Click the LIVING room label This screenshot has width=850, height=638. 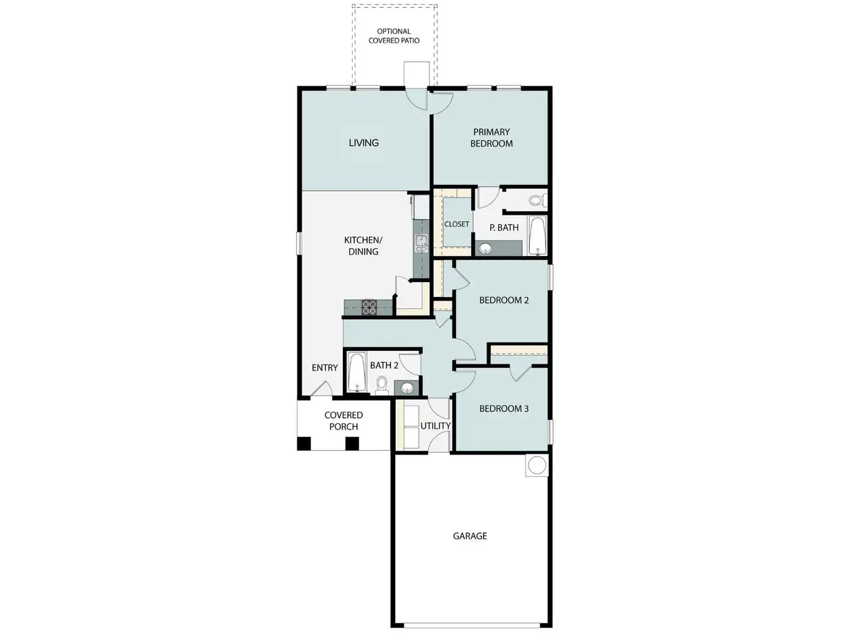tap(363, 142)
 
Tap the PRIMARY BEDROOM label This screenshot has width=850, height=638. tap(492, 138)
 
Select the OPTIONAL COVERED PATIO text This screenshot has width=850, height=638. tap(397, 36)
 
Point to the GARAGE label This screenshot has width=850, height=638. tap(470, 536)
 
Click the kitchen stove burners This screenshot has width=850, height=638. tap(370, 307)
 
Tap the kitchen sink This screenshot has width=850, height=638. tap(421, 245)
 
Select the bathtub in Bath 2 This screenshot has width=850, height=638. tap(356, 372)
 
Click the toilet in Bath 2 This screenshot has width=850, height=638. tap(382, 385)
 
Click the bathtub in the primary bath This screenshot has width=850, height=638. tap(538, 235)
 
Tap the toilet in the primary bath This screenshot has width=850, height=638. tap(537, 201)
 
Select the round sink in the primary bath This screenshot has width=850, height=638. tap(485, 248)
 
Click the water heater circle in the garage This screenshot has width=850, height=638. tap(536, 465)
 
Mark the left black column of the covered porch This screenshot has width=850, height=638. tap(303, 444)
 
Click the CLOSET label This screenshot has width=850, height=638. tap(457, 224)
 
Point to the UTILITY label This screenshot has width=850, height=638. tap(436, 426)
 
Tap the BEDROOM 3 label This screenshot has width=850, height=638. tap(504, 409)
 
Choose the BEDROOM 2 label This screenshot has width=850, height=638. tap(504, 300)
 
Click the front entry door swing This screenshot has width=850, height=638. tap(319, 388)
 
